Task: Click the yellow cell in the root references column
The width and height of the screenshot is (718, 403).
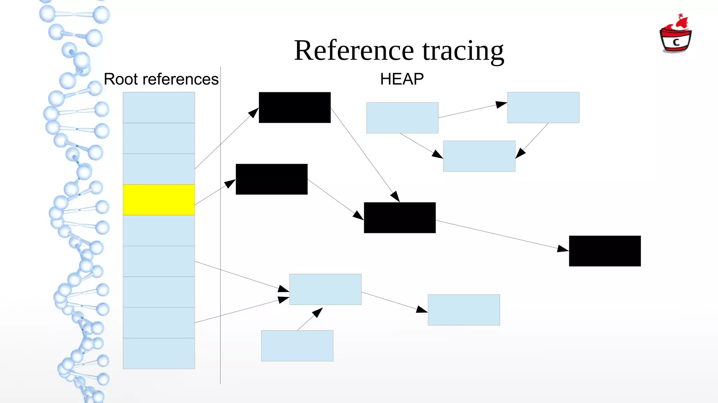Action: tap(159, 200)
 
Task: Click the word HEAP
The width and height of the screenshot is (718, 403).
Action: tap(402, 79)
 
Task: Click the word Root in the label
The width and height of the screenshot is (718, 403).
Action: tap(121, 79)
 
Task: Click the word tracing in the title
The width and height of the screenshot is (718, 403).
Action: tap(463, 51)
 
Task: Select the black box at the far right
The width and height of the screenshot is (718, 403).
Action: tap(605, 251)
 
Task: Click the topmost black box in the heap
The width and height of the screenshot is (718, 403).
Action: tap(294, 108)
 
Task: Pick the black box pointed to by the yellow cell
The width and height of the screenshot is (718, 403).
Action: tap(272, 179)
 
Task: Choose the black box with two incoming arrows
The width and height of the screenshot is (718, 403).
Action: tap(400, 218)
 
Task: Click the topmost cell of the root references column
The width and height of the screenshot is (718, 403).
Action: tap(159, 108)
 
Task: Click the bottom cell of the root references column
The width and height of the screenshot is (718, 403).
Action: tap(159, 353)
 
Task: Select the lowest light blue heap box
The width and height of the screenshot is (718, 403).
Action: tap(297, 346)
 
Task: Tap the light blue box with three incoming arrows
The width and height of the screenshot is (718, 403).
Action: tap(325, 289)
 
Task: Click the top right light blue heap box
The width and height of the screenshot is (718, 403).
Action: tap(543, 108)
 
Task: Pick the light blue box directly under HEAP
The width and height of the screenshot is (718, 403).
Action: tap(402, 118)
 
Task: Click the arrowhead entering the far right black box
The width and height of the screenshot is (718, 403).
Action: tap(563, 249)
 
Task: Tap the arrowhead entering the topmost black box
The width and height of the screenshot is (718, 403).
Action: tap(254, 112)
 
